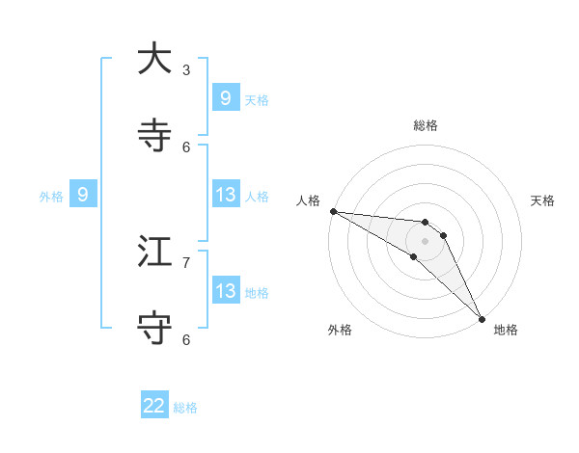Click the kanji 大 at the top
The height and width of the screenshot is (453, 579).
(x=154, y=59)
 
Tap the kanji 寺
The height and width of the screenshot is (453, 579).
(x=154, y=136)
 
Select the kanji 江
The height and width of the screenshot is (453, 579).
(x=154, y=252)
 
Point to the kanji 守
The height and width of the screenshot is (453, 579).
(x=154, y=329)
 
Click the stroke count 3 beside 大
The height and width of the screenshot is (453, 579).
(x=186, y=69)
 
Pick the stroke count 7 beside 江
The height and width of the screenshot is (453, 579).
(x=186, y=262)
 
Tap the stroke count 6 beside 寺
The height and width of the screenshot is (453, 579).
(x=186, y=147)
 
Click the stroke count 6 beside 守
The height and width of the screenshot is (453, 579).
(x=186, y=339)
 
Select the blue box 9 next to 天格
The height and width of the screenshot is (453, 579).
(x=225, y=97)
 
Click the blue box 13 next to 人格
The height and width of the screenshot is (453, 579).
(x=225, y=195)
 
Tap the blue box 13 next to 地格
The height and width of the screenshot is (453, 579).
(x=225, y=290)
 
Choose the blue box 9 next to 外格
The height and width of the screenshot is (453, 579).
(x=83, y=195)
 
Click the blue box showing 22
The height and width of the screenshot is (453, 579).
(x=154, y=406)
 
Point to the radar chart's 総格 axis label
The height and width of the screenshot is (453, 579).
(x=425, y=125)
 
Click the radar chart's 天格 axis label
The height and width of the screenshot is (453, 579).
(x=543, y=200)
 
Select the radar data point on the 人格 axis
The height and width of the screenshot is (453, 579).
(x=333, y=211)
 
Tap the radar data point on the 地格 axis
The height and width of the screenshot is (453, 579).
(x=482, y=319)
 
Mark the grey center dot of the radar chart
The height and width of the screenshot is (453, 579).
(x=425, y=241)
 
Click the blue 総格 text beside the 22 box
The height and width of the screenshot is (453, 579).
(x=185, y=408)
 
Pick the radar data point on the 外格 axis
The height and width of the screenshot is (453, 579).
(x=413, y=256)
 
